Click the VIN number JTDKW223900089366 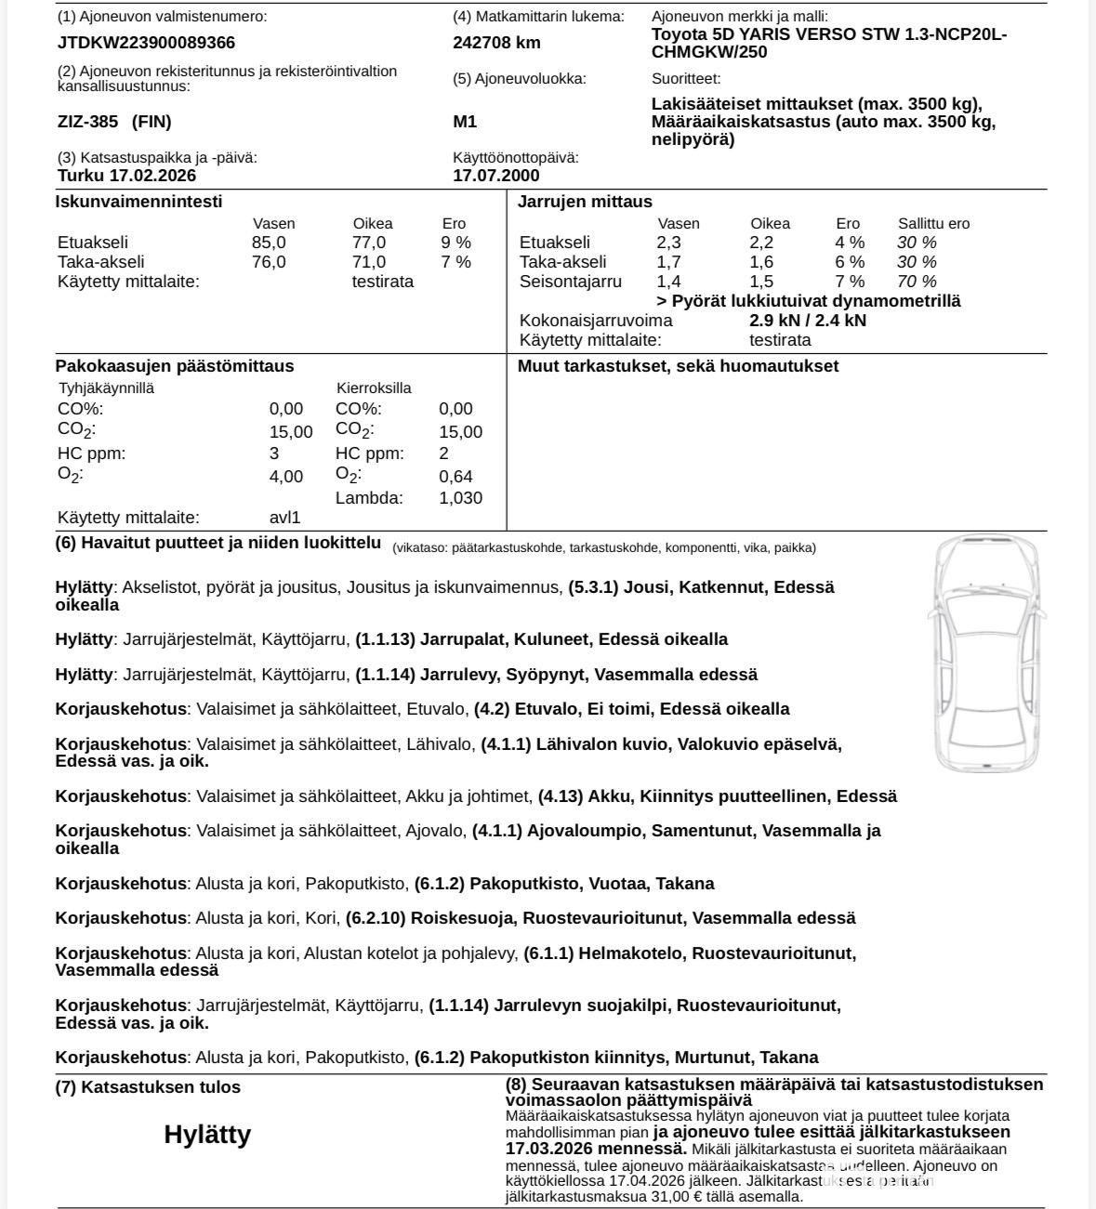coord(146,43)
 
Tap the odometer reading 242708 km coord(496,43)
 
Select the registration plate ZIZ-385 coord(88,122)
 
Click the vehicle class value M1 coord(465,122)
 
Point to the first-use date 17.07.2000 coord(495,176)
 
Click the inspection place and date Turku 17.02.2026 coord(126,176)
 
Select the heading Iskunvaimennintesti coord(139,202)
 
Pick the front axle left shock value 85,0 coord(269,243)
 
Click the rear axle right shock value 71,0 coord(369,262)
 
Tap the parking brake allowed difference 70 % coord(917,282)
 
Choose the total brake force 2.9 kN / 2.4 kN coord(807,321)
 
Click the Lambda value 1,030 coord(460,498)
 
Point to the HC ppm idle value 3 coord(274,453)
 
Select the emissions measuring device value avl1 coord(284,518)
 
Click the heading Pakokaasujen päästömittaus coord(174,366)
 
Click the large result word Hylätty coord(207,1135)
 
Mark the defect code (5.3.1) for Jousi coord(593,587)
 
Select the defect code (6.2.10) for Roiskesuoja coord(376,918)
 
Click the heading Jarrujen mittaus coord(585,202)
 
